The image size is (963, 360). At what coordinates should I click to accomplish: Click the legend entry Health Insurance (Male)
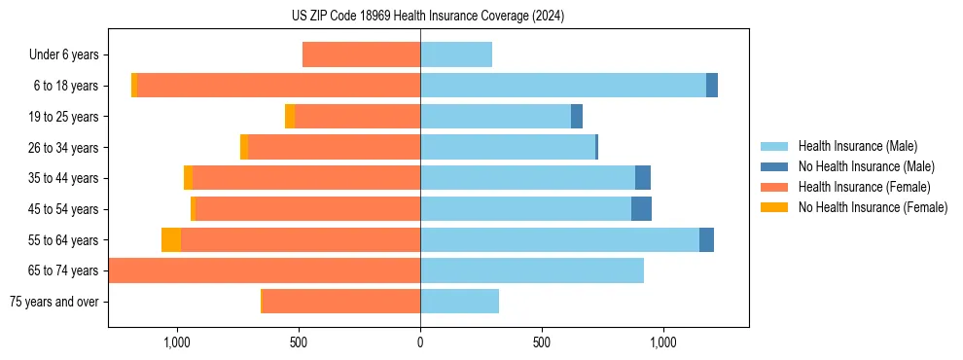[x=857, y=147]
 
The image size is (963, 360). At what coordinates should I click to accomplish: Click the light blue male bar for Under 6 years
[x=456, y=54]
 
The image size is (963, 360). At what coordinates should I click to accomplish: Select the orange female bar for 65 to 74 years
[x=265, y=270]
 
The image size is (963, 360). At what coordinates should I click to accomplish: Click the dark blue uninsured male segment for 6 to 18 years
[x=712, y=86]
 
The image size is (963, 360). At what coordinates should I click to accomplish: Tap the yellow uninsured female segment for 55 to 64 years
[x=171, y=240]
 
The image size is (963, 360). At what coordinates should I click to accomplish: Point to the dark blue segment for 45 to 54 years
[x=641, y=209]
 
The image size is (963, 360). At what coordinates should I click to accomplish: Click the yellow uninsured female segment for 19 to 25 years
[x=290, y=117]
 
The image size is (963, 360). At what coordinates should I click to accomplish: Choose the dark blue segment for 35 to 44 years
[x=643, y=178]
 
